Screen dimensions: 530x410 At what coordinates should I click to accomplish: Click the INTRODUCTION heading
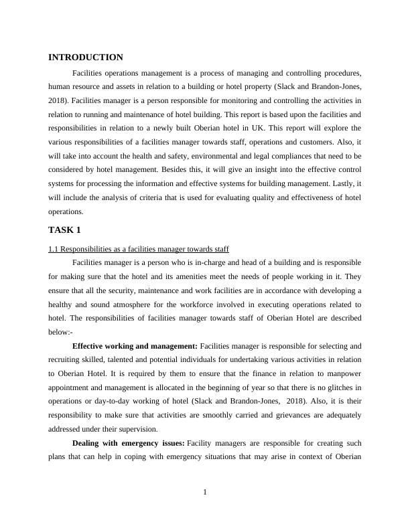(86, 58)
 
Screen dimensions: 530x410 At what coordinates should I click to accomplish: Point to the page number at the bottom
(205, 493)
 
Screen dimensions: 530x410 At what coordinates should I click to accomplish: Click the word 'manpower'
(343, 374)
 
